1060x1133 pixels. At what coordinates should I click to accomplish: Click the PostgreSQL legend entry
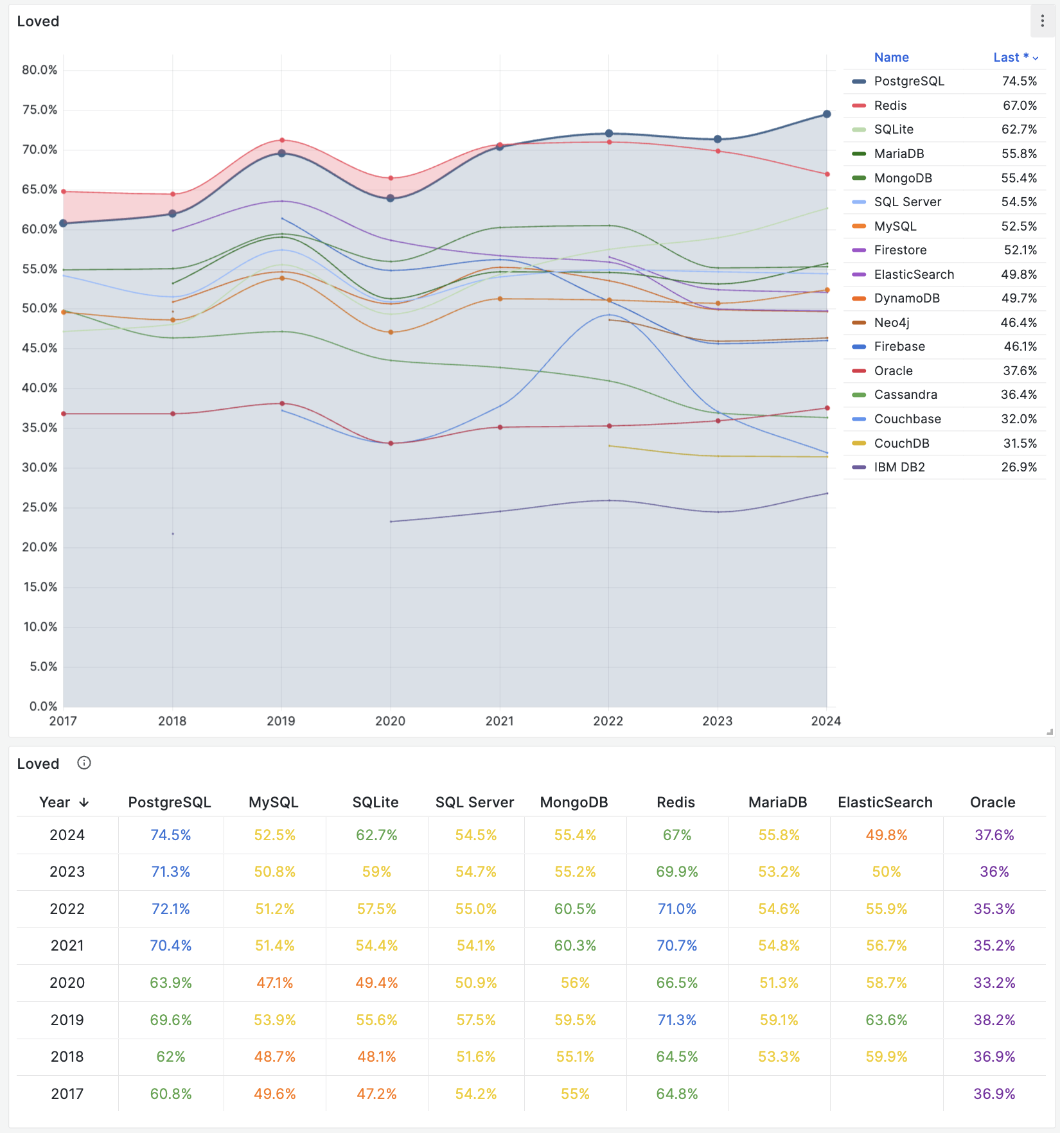point(908,82)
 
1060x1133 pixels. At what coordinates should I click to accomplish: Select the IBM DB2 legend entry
point(899,468)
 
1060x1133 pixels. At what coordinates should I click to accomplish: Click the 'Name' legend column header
point(891,58)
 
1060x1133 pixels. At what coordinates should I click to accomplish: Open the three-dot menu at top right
point(1042,21)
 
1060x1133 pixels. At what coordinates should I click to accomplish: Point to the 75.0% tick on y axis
point(39,110)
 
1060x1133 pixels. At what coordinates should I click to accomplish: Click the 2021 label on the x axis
point(499,721)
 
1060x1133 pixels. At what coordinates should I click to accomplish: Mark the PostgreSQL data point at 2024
point(827,114)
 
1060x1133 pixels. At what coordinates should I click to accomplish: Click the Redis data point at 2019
point(282,140)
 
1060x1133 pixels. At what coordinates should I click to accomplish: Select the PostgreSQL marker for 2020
point(391,198)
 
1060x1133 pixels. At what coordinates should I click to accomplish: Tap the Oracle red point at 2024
point(827,408)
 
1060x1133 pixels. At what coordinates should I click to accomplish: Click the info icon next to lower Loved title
point(84,763)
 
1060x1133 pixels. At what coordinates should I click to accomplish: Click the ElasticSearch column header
point(885,803)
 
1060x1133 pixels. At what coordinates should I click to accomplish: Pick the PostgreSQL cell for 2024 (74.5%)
point(170,835)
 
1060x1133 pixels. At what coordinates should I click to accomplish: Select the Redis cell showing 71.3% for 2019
point(676,1020)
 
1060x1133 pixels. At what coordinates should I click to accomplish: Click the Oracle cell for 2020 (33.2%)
point(994,983)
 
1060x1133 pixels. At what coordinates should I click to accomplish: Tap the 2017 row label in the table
point(67,1094)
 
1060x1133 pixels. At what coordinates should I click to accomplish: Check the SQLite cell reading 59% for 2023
point(376,872)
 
